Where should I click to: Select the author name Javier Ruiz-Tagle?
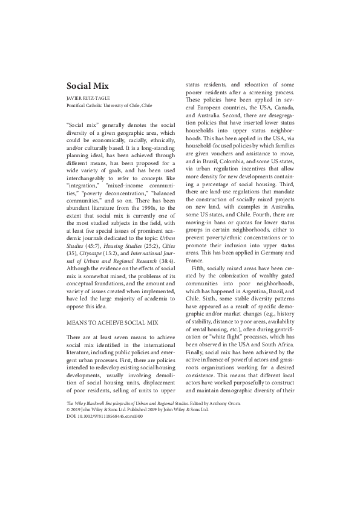point(85,98)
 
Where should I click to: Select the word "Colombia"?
point(240,162)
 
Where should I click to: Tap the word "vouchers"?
point(224,155)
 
